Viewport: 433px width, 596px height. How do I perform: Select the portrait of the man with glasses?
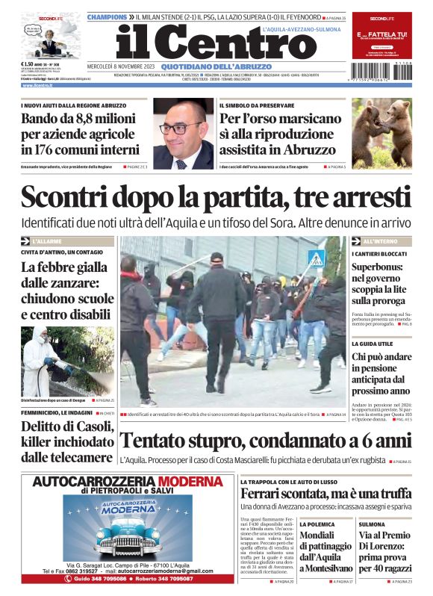pyautogui.click(x=184, y=134)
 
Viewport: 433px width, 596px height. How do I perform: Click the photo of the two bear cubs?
pyautogui.click(x=381, y=134)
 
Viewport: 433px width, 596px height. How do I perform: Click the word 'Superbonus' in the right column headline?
pyautogui.click(x=380, y=267)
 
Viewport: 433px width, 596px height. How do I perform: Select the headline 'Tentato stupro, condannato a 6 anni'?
pyautogui.click(x=265, y=441)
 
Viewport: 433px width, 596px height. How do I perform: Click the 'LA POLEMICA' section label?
pyautogui.click(x=317, y=525)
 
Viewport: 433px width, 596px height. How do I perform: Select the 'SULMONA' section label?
pyautogui.click(x=372, y=525)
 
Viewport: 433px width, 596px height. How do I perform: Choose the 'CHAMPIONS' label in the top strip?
pyautogui.click(x=107, y=16)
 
